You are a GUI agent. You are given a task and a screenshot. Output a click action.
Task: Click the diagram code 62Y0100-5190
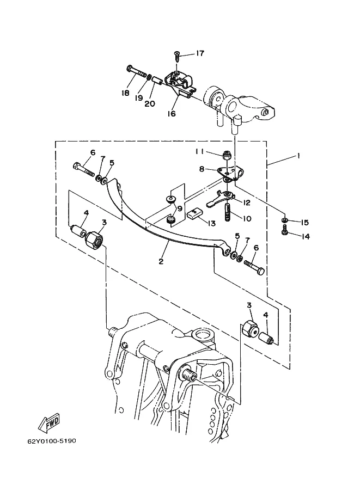(x=52, y=441)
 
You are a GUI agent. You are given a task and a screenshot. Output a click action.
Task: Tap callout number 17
(x=200, y=53)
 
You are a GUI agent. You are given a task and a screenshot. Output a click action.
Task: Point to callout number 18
(x=125, y=93)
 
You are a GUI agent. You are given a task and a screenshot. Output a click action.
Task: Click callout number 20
(x=150, y=103)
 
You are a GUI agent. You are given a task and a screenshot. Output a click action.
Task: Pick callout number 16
(x=171, y=113)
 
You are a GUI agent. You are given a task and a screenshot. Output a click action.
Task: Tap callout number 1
(x=298, y=156)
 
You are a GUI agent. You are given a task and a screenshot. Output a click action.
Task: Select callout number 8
(x=202, y=169)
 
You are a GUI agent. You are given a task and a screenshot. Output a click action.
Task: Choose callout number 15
(x=304, y=223)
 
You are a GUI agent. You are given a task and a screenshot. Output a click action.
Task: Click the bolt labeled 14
(x=284, y=230)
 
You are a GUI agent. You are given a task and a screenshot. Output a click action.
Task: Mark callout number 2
(x=161, y=261)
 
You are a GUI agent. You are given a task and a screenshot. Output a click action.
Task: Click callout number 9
(x=180, y=209)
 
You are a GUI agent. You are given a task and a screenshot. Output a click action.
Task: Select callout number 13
(x=211, y=223)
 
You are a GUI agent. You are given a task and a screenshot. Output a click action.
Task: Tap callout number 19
(x=138, y=98)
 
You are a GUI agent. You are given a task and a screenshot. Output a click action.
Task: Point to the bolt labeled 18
(x=138, y=72)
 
